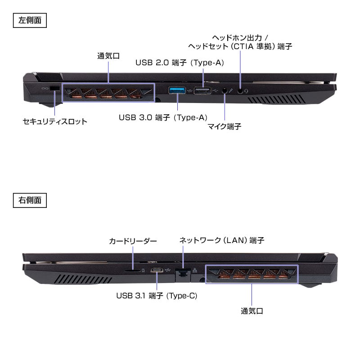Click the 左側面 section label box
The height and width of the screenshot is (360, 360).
pyautogui.click(x=30, y=21)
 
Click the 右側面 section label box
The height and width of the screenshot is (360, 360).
pyautogui.click(x=30, y=200)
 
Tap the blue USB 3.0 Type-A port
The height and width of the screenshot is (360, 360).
pyautogui.click(x=177, y=90)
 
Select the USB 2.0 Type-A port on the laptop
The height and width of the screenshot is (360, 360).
pyautogui.click(x=203, y=90)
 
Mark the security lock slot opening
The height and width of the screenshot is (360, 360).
pyautogui.click(x=55, y=89)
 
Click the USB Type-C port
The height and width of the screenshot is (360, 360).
pyautogui.click(x=157, y=270)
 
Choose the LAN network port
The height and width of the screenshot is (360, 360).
pyautogui.click(x=182, y=271)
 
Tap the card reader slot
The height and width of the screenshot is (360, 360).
pyautogui.click(x=133, y=271)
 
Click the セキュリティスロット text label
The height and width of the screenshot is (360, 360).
pyautogui.click(x=55, y=121)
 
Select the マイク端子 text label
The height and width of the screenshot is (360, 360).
pyautogui.click(x=224, y=126)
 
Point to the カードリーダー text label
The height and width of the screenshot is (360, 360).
pyautogui.click(x=133, y=241)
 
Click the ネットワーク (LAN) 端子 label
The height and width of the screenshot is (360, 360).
pyautogui.click(x=221, y=240)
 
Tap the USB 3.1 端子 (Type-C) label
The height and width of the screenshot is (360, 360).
pyautogui.click(x=157, y=296)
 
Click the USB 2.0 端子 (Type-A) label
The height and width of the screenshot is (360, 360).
pyautogui.click(x=180, y=63)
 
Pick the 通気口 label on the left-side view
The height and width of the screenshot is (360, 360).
pyautogui.click(x=108, y=57)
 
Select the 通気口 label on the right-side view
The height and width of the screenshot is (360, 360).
pyautogui.click(x=252, y=310)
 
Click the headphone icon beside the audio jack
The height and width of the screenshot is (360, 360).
pyautogui.click(x=247, y=90)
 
